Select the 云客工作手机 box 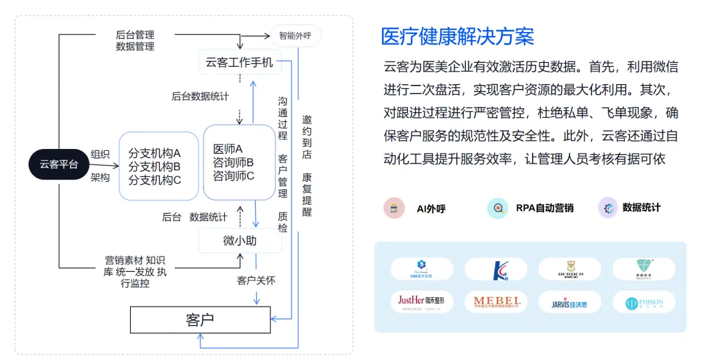tap(239, 62)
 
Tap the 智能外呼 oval tap(295, 35)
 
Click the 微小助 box tap(239, 240)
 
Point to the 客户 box tap(200, 319)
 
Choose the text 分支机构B tap(155, 166)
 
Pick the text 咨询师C tap(234, 176)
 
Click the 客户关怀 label tap(256, 281)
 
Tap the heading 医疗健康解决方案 tap(457, 36)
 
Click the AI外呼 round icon tap(394, 208)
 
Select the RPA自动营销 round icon tap(497, 208)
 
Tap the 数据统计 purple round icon tap(608, 208)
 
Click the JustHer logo tap(422, 302)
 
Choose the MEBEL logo tap(497, 302)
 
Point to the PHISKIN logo tap(644, 302)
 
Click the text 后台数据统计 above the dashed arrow tap(200, 96)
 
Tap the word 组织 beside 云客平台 tap(100, 154)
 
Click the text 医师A tap(228, 148)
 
